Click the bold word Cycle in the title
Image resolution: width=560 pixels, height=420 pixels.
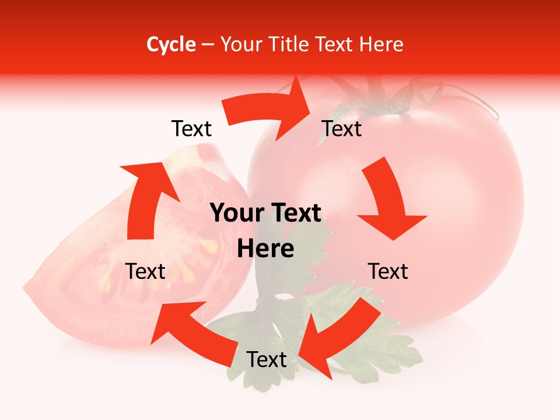(x=171, y=44)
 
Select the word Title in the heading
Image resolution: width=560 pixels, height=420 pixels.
(x=292, y=44)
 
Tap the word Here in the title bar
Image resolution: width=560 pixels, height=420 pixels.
(x=381, y=44)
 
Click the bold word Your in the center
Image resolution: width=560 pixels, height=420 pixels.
(x=233, y=213)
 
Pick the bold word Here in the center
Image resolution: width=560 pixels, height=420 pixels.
(x=265, y=249)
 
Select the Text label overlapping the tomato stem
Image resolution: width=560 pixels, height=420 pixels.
(x=342, y=129)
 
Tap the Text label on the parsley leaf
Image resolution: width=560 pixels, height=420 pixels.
(x=267, y=360)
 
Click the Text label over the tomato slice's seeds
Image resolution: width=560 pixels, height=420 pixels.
(x=145, y=271)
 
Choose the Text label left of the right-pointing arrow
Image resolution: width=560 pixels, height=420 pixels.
(x=191, y=129)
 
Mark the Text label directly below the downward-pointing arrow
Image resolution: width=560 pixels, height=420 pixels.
(x=388, y=271)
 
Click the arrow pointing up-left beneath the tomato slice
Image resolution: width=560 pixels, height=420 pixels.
(x=192, y=332)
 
